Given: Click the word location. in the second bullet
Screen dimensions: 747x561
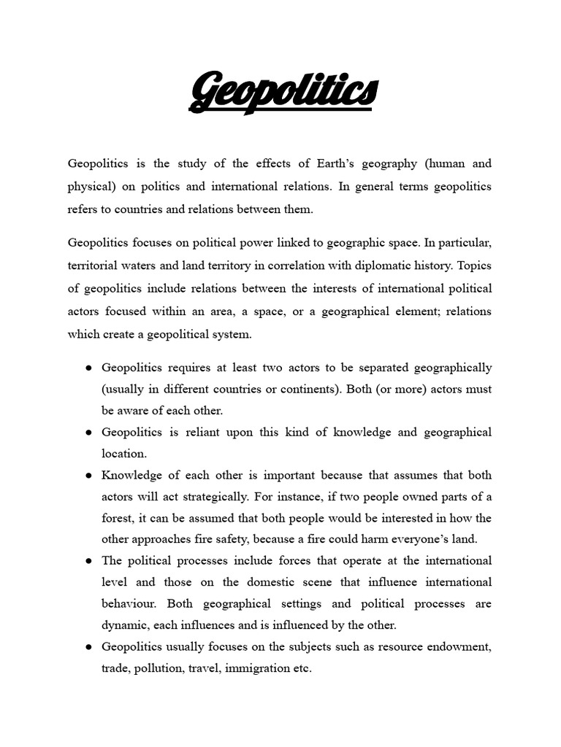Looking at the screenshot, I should (124, 454).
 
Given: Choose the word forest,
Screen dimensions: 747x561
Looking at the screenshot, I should (119, 519).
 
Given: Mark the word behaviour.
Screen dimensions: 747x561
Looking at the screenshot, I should (129, 604).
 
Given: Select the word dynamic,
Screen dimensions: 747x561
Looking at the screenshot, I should (124, 625).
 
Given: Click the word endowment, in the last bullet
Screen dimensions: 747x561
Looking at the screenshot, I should (457, 647).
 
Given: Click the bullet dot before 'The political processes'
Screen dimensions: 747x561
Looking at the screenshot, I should (88, 561).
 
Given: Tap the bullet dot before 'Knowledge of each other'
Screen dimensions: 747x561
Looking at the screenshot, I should (88, 476).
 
